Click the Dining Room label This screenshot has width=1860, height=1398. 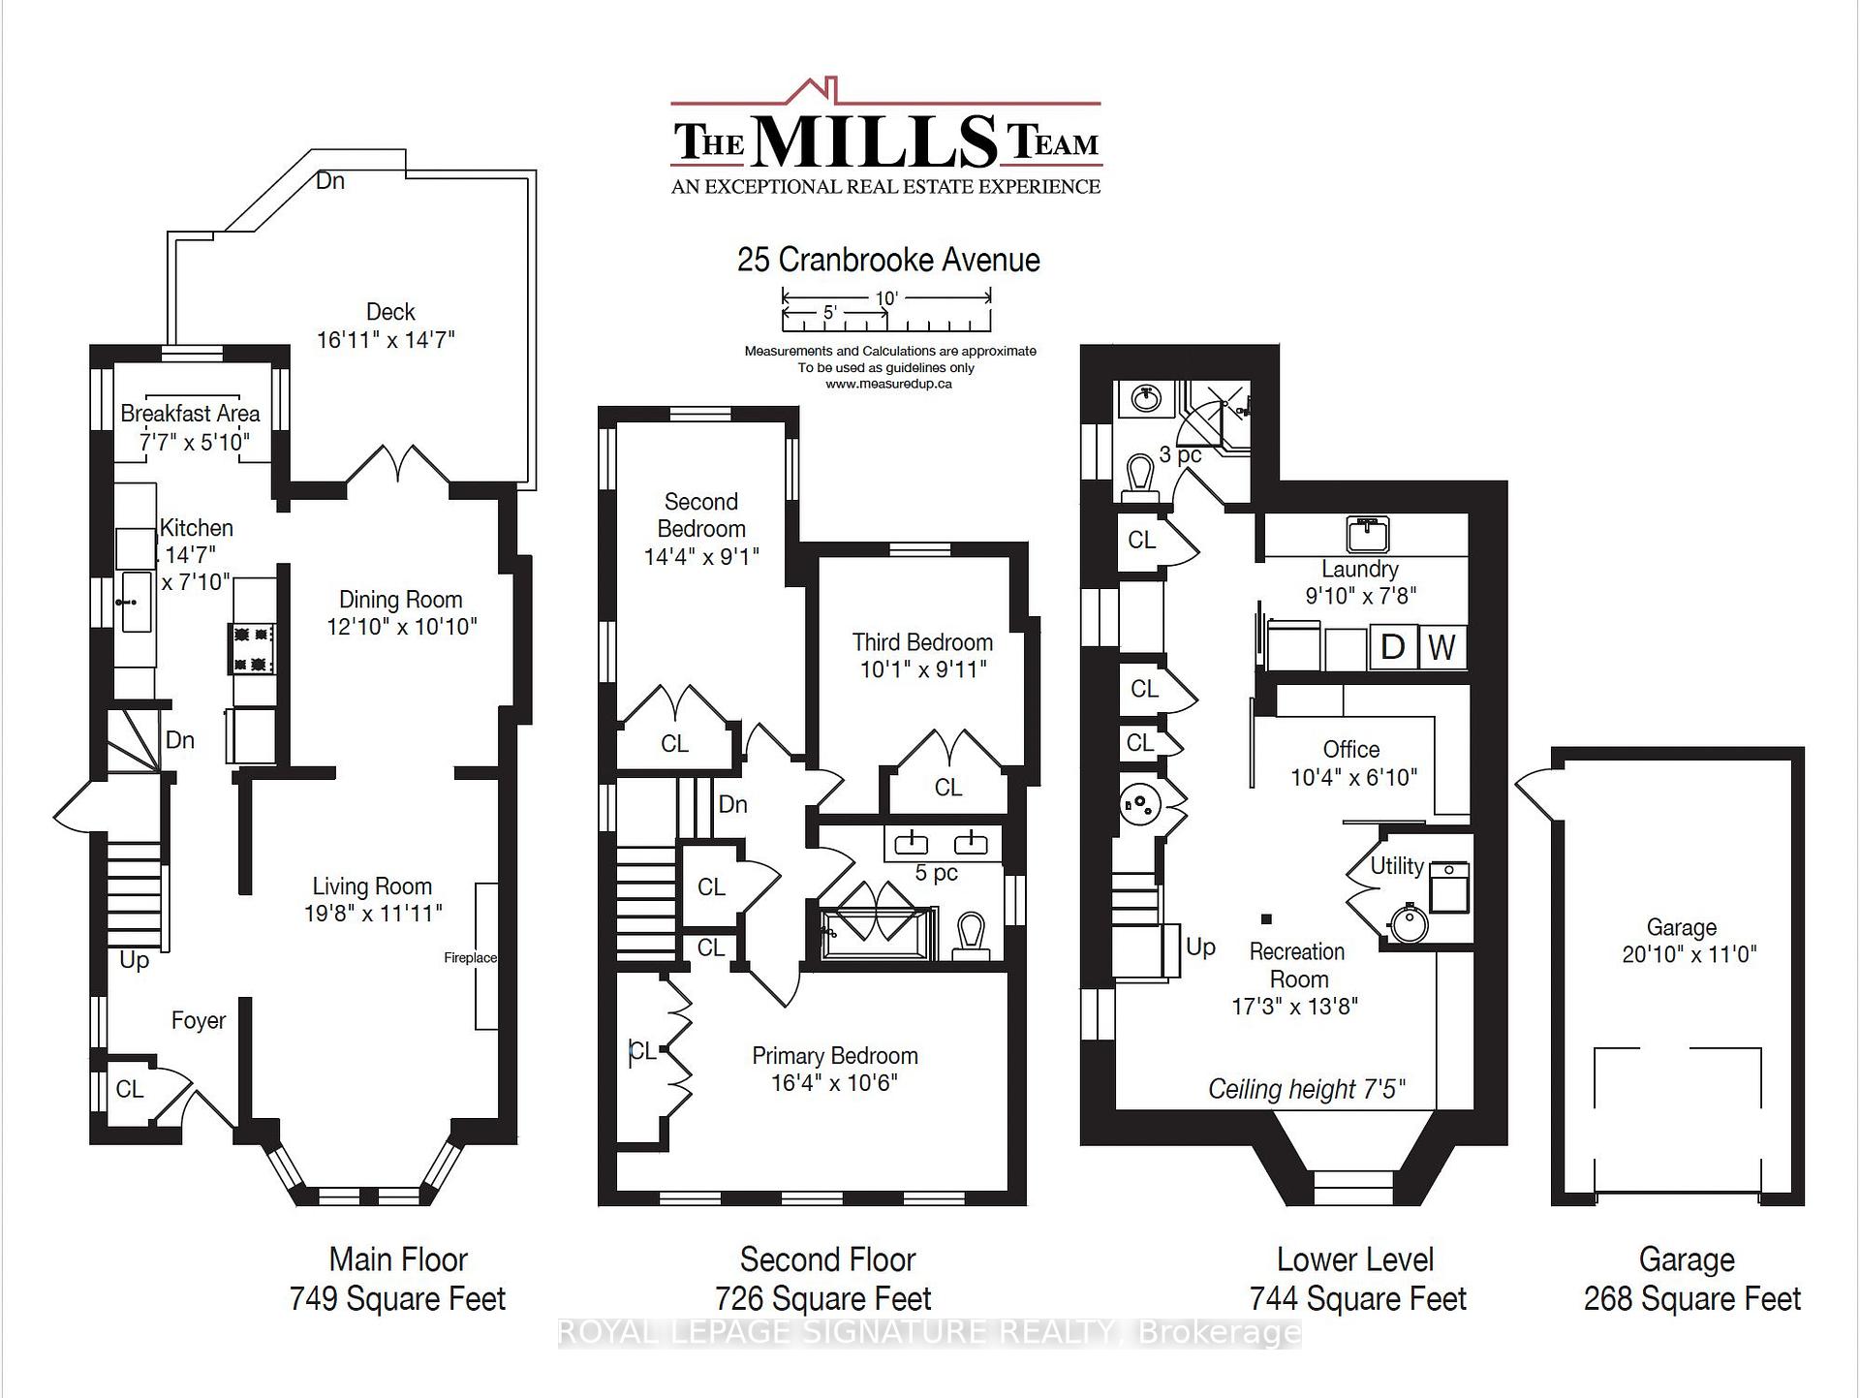(400, 600)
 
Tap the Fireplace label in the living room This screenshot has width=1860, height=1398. (470, 958)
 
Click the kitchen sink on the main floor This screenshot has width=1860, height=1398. (136, 602)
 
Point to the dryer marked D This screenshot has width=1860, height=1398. (1393, 647)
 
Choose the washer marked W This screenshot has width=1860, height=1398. (1442, 647)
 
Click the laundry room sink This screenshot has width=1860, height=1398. (1367, 534)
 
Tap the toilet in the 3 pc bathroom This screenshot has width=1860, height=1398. (1141, 478)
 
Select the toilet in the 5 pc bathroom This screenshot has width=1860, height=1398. (970, 936)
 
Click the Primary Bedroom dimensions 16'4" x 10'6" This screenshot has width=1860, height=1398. (834, 1082)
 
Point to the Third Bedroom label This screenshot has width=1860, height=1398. (922, 642)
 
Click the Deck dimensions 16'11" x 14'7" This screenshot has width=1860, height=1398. (386, 340)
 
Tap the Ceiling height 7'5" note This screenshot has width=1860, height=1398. (1307, 1089)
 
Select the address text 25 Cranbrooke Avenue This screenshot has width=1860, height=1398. (888, 260)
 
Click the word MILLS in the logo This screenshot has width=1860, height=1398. (874, 141)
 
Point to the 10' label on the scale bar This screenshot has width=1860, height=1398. (886, 298)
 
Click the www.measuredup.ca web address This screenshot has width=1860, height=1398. (888, 384)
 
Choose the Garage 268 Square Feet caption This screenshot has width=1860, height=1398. (1691, 1279)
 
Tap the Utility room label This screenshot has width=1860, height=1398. (1397, 865)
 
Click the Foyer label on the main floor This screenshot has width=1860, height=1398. (199, 1020)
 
